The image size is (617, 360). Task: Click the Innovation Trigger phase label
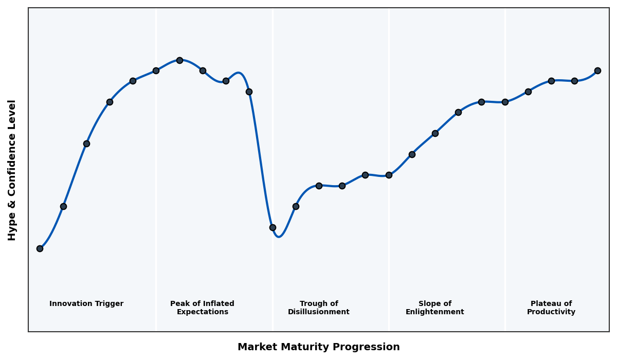pos(86,304)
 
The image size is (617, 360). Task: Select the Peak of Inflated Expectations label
pos(202,308)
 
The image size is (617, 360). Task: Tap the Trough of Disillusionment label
pos(319,308)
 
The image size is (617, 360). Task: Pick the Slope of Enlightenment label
pos(435,308)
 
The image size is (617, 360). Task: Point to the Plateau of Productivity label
pos(551,308)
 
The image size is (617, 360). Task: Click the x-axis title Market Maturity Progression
pos(318,347)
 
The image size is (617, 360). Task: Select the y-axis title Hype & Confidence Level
pos(12,170)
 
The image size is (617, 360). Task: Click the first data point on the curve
pos(40,248)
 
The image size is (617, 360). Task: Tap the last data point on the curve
pos(597,70)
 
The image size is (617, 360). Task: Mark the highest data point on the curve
pos(179,60)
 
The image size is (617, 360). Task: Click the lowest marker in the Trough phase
pos(273,227)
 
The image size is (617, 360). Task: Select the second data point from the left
pos(63,206)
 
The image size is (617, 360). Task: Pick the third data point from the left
pos(86,143)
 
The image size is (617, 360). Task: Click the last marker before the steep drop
pos(249,92)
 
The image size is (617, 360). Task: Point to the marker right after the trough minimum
pos(296,206)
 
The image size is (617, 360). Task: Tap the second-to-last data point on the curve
pos(574,81)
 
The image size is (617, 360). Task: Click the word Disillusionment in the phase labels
pos(319,312)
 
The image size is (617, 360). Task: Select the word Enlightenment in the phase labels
pos(435,312)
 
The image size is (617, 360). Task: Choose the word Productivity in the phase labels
pos(551,312)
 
